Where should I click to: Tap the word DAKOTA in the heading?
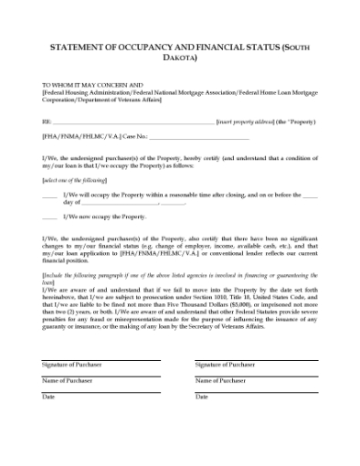180,57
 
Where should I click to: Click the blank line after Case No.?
197,138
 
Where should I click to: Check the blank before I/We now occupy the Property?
49,217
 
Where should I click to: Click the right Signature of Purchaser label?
225,365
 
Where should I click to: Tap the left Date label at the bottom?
48,397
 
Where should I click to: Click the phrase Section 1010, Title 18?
233,297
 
